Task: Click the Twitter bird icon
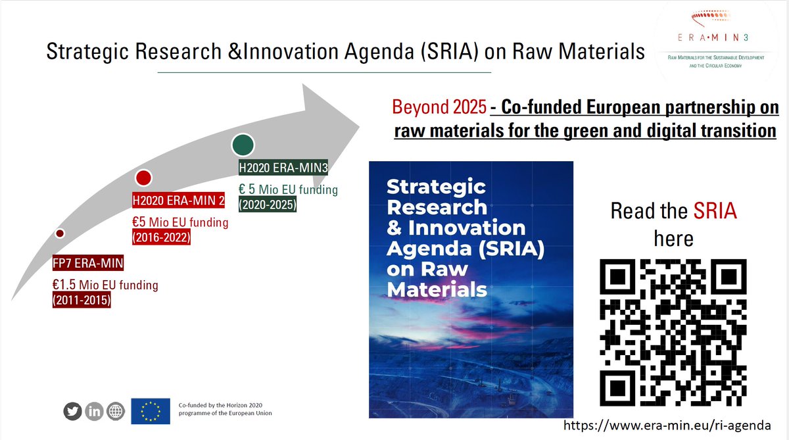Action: (x=74, y=411)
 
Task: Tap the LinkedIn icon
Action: (x=95, y=411)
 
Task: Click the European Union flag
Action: (x=151, y=411)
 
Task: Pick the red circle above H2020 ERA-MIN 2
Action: (x=143, y=178)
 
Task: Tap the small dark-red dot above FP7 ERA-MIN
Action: (x=60, y=233)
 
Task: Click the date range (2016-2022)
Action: (x=162, y=238)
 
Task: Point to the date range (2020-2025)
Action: (x=267, y=205)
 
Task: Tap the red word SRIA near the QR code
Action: (x=715, y=211)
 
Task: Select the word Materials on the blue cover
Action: (x=437, y=289)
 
